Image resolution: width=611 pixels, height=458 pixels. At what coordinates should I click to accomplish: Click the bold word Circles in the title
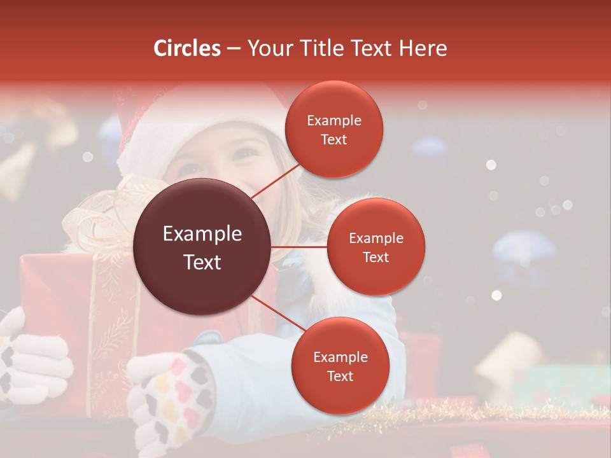[186, 48]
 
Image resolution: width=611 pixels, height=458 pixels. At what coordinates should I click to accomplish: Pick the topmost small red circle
[334, 129]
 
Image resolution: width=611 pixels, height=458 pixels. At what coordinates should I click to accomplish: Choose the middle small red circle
[376, 247]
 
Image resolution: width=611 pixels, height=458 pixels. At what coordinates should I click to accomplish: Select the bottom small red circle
[341, 366]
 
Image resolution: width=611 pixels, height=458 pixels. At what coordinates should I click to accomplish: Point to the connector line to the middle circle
[299, 247]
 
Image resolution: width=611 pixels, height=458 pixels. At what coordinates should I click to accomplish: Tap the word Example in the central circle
[202, 234]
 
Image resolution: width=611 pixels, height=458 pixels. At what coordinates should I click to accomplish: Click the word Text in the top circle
[334, 139]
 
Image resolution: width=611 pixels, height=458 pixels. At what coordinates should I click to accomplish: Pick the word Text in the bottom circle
[341, 376]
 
